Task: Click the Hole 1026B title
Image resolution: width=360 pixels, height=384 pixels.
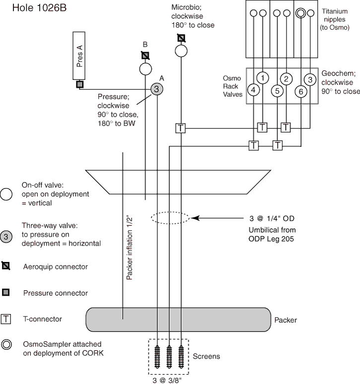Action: tap(39, 8)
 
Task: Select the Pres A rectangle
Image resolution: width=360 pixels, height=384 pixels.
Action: tap(79, 56)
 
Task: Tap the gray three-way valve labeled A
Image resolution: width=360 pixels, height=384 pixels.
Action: tap(156, 89)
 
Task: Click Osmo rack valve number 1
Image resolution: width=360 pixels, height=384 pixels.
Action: tap(263, 78)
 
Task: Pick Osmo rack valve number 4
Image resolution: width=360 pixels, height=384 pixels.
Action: tap(253, 90)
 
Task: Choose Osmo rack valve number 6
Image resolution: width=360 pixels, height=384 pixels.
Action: tap(301, 92)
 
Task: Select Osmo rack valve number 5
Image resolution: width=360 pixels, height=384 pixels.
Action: tap(277, 91)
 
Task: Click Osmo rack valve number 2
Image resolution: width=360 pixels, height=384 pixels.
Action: tap(286, 79)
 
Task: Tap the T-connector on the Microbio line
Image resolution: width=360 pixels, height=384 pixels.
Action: tap(181, 128)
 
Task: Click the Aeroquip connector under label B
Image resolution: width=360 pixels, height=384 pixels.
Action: tap(145, 56)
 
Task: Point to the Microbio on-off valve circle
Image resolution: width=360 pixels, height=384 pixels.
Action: tap(181, 51)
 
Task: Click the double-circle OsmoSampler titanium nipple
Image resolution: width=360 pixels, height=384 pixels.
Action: tap(301, 13)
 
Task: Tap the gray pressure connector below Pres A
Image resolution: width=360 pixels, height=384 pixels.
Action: tap(79, 84)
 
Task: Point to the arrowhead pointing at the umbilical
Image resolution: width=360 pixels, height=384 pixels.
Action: tap(195, 218)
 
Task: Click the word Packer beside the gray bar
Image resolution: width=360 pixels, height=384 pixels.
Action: tap(286, 320)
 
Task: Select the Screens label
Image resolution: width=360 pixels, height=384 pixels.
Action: tap(207, 356)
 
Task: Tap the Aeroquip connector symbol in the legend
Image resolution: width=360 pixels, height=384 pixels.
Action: tap(6, 266)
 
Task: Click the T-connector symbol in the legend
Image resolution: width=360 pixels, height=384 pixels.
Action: tap(5, 319)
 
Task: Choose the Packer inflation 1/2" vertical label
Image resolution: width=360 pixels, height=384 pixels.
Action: tap(129, 248)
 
